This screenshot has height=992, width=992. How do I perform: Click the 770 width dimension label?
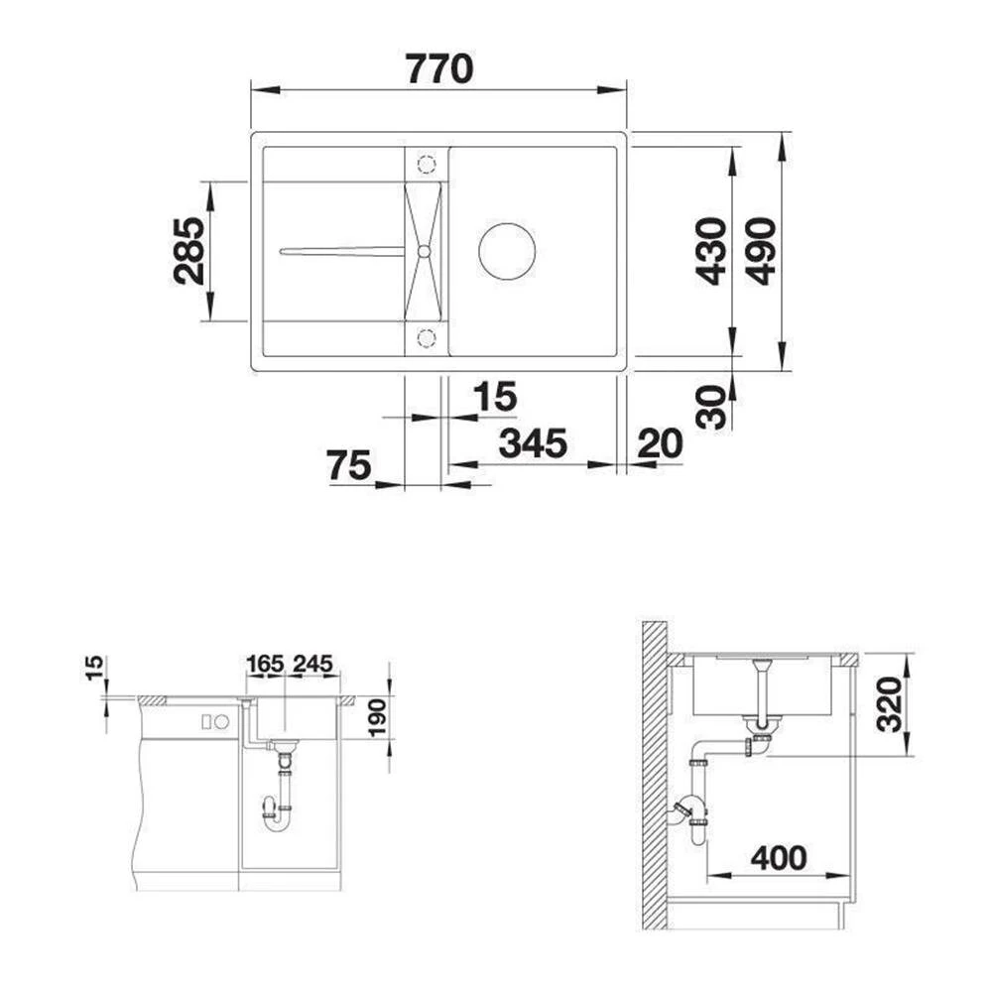pos(438,68)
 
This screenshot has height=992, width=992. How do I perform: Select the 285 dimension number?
pos(188,251)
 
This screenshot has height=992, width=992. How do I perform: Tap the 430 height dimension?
pos(710,251)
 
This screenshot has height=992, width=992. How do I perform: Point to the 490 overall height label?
pos(761,251)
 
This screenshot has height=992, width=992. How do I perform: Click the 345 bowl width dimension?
pos(533,443)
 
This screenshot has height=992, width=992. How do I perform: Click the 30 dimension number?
pos(710,407)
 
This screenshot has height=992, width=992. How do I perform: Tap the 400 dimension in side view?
pos(778,858)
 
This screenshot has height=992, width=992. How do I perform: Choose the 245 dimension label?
pos(311,663)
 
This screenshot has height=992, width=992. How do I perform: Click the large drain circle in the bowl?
pos(507,251)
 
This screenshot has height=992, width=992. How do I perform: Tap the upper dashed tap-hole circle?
pos(427,164)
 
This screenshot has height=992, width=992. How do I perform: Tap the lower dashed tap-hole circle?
pos(427,338)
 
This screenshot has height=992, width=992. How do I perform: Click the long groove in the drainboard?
pos(342,251)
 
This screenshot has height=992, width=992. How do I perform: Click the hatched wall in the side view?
pos(654,774)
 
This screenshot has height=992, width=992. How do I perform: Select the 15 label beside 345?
pos(495,398)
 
